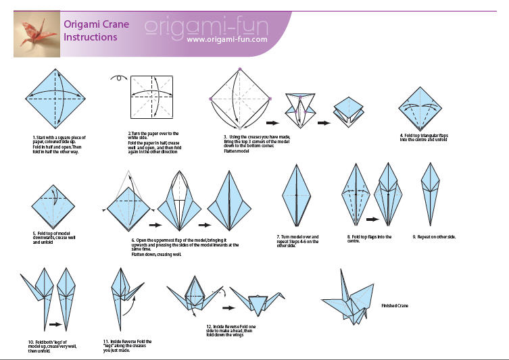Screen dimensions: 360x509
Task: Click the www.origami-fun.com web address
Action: (226, 39)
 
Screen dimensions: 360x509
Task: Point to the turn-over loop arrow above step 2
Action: (120, 77)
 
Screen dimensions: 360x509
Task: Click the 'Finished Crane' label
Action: (395, 305)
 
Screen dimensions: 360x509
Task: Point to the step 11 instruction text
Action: (128, 346)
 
